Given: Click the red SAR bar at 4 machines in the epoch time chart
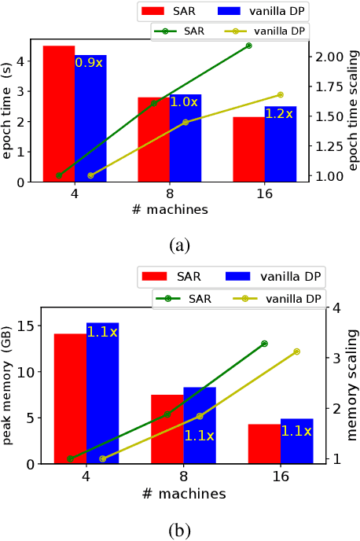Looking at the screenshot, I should click(59, 114).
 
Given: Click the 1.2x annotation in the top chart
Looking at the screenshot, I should click(278, 114).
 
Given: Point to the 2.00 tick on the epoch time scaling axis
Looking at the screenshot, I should click(330, 57).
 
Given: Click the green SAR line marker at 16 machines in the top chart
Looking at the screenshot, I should click(249, 46).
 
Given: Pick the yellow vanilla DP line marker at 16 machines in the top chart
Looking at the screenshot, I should click(281, 95).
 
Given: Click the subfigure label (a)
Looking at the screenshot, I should click(179, 245).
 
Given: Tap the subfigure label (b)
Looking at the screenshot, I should click(179, 531).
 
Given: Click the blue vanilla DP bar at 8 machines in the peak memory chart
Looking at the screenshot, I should click(200, 425).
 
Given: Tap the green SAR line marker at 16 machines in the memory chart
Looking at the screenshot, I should click(264, 344).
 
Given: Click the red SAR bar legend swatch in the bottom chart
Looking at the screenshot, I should click(155, 276).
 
